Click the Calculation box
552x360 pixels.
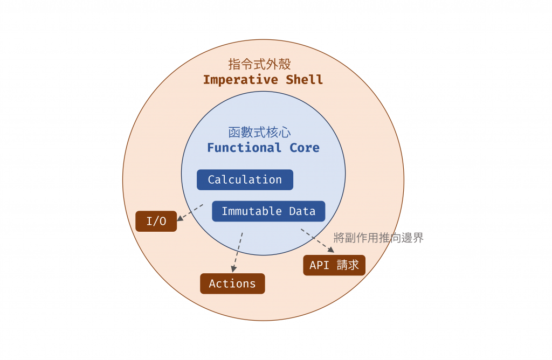245,180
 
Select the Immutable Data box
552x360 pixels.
268,211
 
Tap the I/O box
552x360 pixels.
156,221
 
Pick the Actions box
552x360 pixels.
232,283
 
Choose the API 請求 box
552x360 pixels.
334,265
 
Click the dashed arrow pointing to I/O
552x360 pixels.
190,212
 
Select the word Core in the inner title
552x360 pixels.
305,148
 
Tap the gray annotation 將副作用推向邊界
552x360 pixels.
378,238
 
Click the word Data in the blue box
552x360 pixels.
302,211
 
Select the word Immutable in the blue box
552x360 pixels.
252,211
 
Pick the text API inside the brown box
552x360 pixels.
319,265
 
